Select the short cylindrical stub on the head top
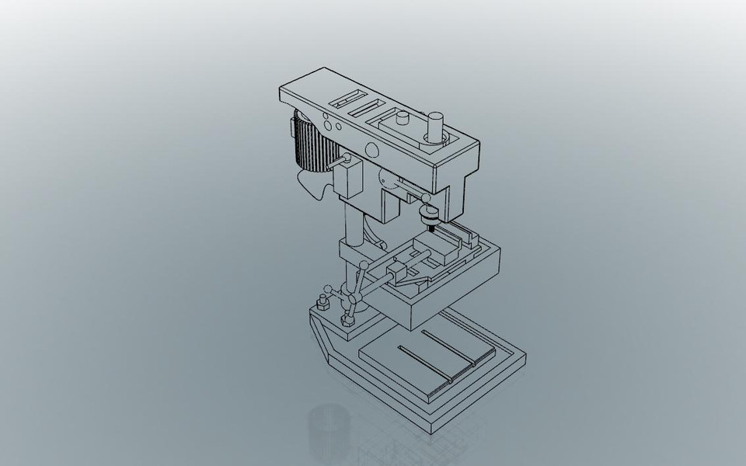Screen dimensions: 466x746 point(403,120)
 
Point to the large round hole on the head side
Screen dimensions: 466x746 point(371,150)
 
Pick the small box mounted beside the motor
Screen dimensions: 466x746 point(347,179)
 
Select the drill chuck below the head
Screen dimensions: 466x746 point(427,214)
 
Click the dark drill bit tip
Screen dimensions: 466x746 point(428,227)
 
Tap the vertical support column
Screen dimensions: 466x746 point(354,221)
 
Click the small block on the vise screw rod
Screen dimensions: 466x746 point(401,273)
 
